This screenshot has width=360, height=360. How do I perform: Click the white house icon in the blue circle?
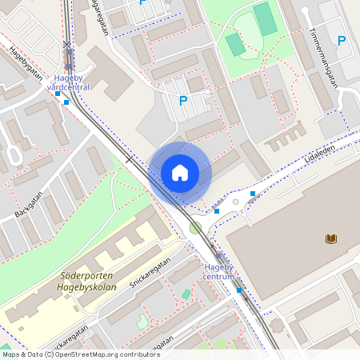point(179,173)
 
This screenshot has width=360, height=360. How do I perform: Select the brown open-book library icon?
point(331,238)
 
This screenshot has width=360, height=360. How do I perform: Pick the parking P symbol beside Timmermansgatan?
point(342,41)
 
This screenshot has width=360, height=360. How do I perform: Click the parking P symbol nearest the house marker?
point(183,101)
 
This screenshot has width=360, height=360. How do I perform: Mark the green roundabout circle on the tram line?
point(195,229)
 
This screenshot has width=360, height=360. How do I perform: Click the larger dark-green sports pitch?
point(266,18)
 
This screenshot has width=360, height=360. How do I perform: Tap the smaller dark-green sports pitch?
point(234,44)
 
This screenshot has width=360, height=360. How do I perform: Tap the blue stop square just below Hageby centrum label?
point(238,290)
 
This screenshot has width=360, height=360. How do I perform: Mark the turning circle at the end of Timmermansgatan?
point(304,11)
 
